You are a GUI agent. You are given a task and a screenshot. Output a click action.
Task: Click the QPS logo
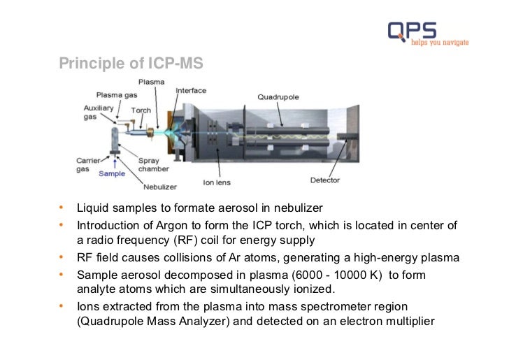point(413,30)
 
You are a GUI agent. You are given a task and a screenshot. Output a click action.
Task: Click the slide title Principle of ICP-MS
point(131,64)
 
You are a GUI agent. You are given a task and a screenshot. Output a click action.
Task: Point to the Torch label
point(141,110)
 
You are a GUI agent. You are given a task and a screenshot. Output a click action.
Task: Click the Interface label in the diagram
point(191,91)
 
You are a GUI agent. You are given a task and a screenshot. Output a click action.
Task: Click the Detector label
point(324,180)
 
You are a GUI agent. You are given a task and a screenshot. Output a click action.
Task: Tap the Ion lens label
point(216,183)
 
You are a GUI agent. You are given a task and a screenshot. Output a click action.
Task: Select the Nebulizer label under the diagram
point(160,187)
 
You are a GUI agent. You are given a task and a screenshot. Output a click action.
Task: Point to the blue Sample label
point(112,173)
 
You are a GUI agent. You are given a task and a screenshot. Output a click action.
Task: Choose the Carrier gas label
point(88,165)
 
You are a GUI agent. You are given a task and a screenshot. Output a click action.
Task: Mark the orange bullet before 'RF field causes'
point(62,257)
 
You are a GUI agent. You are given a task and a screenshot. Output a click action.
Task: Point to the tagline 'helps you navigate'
point(439,43)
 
